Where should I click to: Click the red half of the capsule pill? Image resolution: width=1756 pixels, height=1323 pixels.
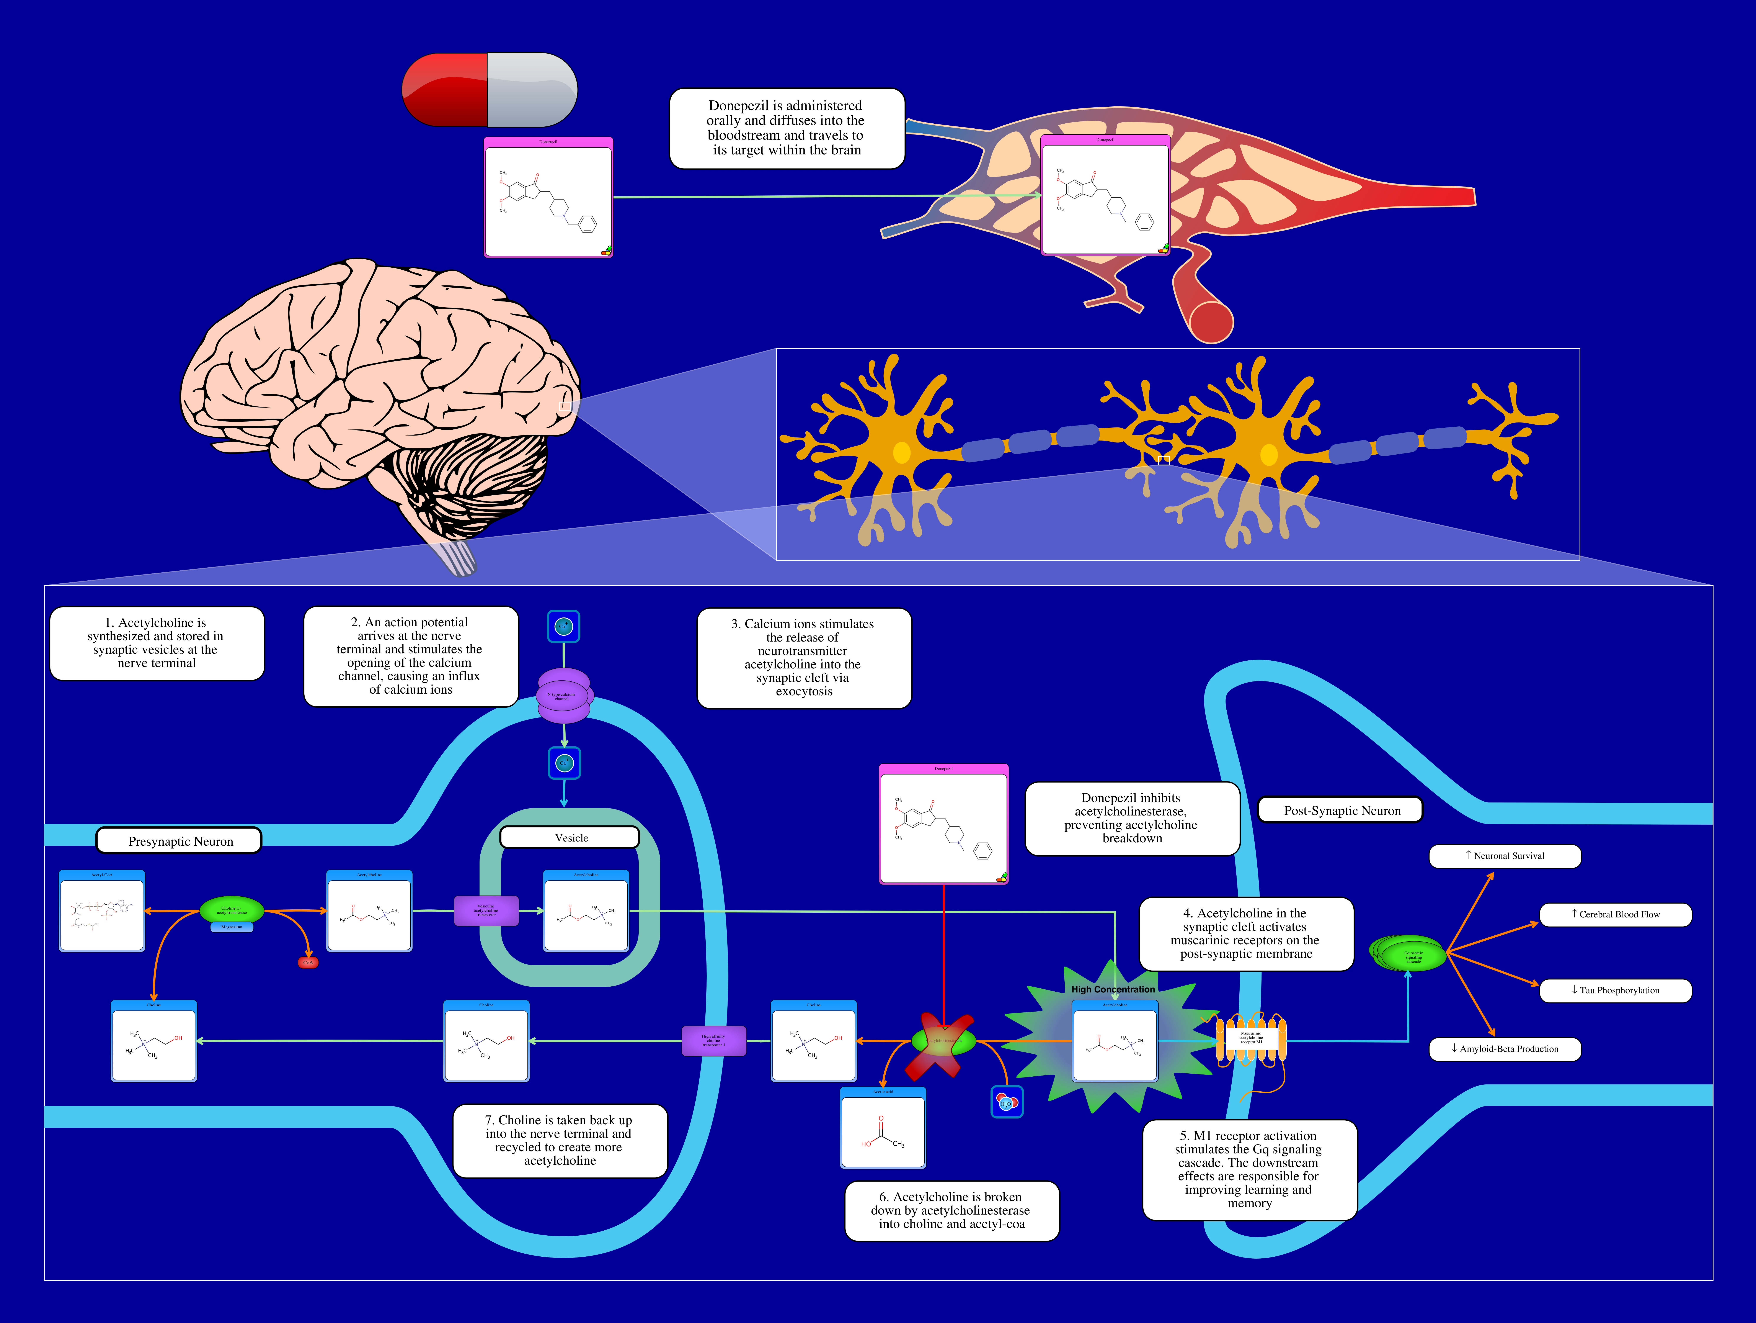pyautogui.click(x=445, y=90)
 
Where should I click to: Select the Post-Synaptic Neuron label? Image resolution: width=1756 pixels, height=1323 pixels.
pyautogui.click(x=1341, y=810)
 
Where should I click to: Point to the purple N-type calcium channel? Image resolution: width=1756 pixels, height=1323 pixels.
pyautogui.click(x=564, y=696)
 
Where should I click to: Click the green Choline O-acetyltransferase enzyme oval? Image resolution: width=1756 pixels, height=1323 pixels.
pyautogui.click(x=231, y=910)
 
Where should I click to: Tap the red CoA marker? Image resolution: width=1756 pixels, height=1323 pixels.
pyautogui.click(x=308, y=963)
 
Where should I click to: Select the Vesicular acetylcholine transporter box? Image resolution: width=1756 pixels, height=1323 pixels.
pyautogui.click(x=486, y=910)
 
